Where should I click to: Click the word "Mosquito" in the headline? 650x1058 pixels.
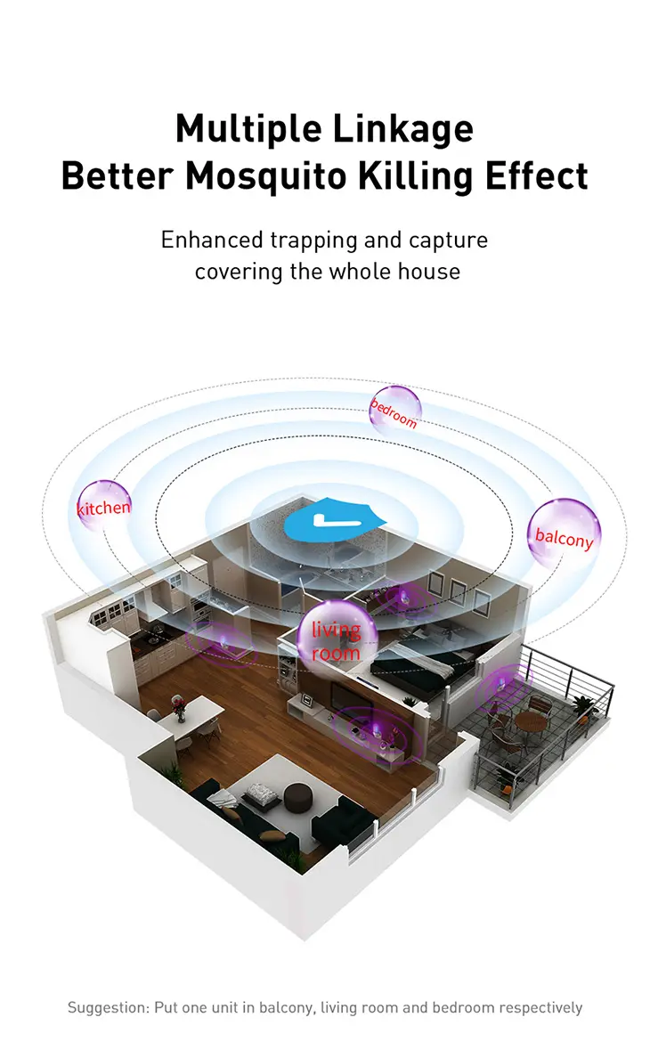pyautogui.click(x=267, y=177)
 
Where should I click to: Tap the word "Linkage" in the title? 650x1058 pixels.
pyautogui.click(x=403, y=130)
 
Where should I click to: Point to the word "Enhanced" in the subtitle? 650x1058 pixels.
pyautogui.click(x=212, y=240)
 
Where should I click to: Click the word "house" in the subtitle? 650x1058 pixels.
pyautogui.click(x=429, y=272)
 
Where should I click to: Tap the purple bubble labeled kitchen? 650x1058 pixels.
pyautogui.click(x=104, y=506)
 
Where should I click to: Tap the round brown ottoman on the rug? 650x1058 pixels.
pyautogui.click(x=297, y=797)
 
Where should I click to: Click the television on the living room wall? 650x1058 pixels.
pyautogui.click(x=345, y=695)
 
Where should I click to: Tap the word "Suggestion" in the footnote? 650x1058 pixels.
pyautogui.click(x=108, y=1008)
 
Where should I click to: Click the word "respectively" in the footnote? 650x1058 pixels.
pyautogui.click(x=540, y=1008)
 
